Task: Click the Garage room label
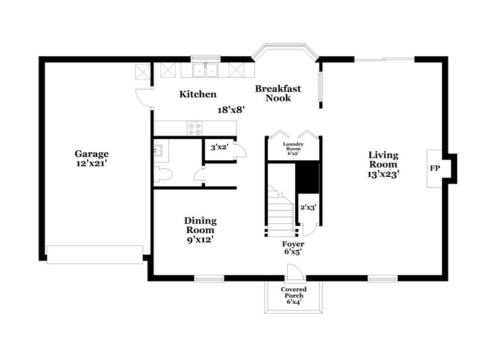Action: (92, 153)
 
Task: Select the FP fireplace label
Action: (434, 168)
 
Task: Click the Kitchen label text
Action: (197, 95)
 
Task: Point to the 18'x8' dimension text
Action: (231, 110)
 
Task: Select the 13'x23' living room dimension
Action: (384, 174)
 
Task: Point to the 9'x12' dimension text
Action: (200, 239)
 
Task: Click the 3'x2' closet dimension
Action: (220, 148)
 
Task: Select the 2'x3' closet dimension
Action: (308, 208)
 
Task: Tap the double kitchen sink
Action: (205, 70)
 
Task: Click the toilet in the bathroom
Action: (162, 174)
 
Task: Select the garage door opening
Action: (94, 254)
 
